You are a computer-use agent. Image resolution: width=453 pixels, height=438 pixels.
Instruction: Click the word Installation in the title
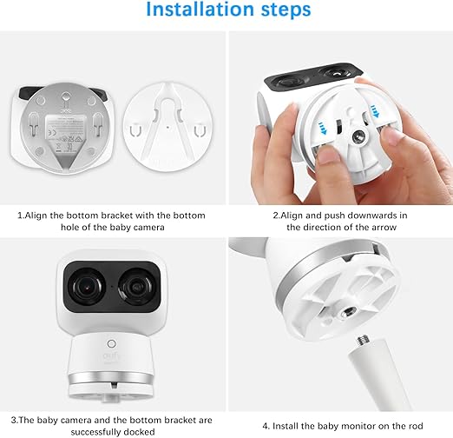coord(200,10)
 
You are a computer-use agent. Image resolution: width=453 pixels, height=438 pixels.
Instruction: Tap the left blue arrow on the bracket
coord(322,128)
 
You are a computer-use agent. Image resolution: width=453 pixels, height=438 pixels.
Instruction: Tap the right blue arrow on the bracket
coord(375,111)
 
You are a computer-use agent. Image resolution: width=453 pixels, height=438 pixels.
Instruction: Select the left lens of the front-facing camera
coord(86,286)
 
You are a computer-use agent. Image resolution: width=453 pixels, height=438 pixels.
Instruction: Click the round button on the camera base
coord(111,344)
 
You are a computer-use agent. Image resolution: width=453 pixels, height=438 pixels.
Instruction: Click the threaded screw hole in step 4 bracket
coord(346,313)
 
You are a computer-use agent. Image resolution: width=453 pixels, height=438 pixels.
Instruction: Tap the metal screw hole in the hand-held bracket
coord(359,136)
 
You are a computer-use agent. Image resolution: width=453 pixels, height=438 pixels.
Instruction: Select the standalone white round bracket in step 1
coord(168,127)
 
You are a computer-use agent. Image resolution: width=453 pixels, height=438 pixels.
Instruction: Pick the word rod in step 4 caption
coord(415,426)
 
